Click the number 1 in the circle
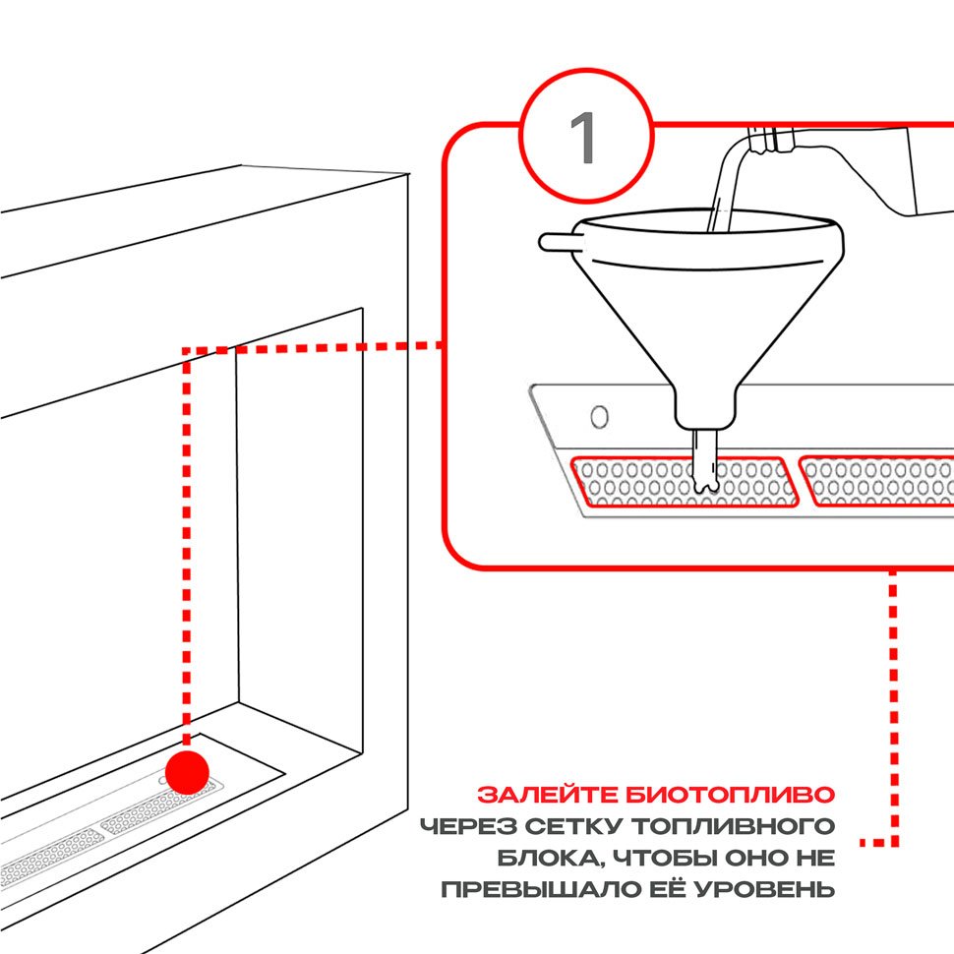click(584, 140)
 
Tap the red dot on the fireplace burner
click(187, 771)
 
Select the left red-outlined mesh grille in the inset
click(684, 481)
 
